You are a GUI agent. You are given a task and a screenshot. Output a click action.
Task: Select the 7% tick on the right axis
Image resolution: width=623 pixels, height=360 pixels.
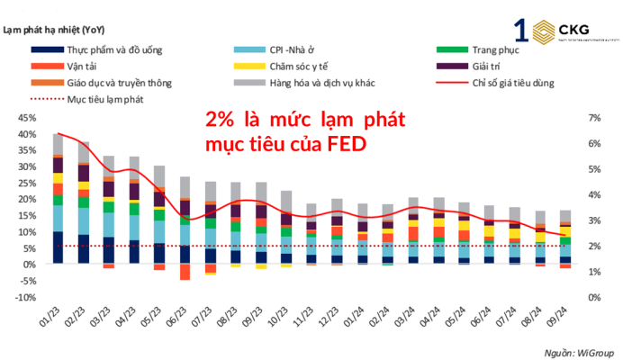pos(593,118)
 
